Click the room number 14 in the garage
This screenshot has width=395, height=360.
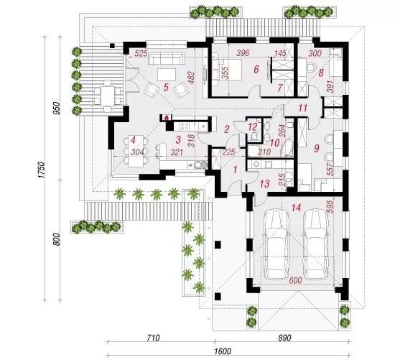point(296,208)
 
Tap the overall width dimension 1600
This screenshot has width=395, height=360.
point(223,351)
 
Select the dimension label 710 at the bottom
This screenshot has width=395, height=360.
point(153,337)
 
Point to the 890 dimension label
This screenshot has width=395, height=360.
point(284,337)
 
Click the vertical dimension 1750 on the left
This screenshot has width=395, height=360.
point(42,170)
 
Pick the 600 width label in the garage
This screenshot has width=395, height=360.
point(295,280)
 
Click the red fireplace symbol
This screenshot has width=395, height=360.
point(167,117)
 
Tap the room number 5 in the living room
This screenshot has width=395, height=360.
point(166,88)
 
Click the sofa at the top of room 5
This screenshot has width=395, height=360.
point(166,59)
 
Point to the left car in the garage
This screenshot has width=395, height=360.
point(276,244)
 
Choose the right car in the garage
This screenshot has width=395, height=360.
point(316,244)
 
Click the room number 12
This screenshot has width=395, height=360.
point(253,126)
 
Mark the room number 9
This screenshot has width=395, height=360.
point(317,148)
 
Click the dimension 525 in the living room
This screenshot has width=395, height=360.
point(141,53)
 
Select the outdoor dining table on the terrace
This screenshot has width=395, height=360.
point(108,96)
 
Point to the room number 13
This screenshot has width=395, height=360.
point(264,184)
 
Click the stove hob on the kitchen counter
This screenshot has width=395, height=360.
point(185,126)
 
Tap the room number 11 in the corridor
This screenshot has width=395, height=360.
point(303,109)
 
